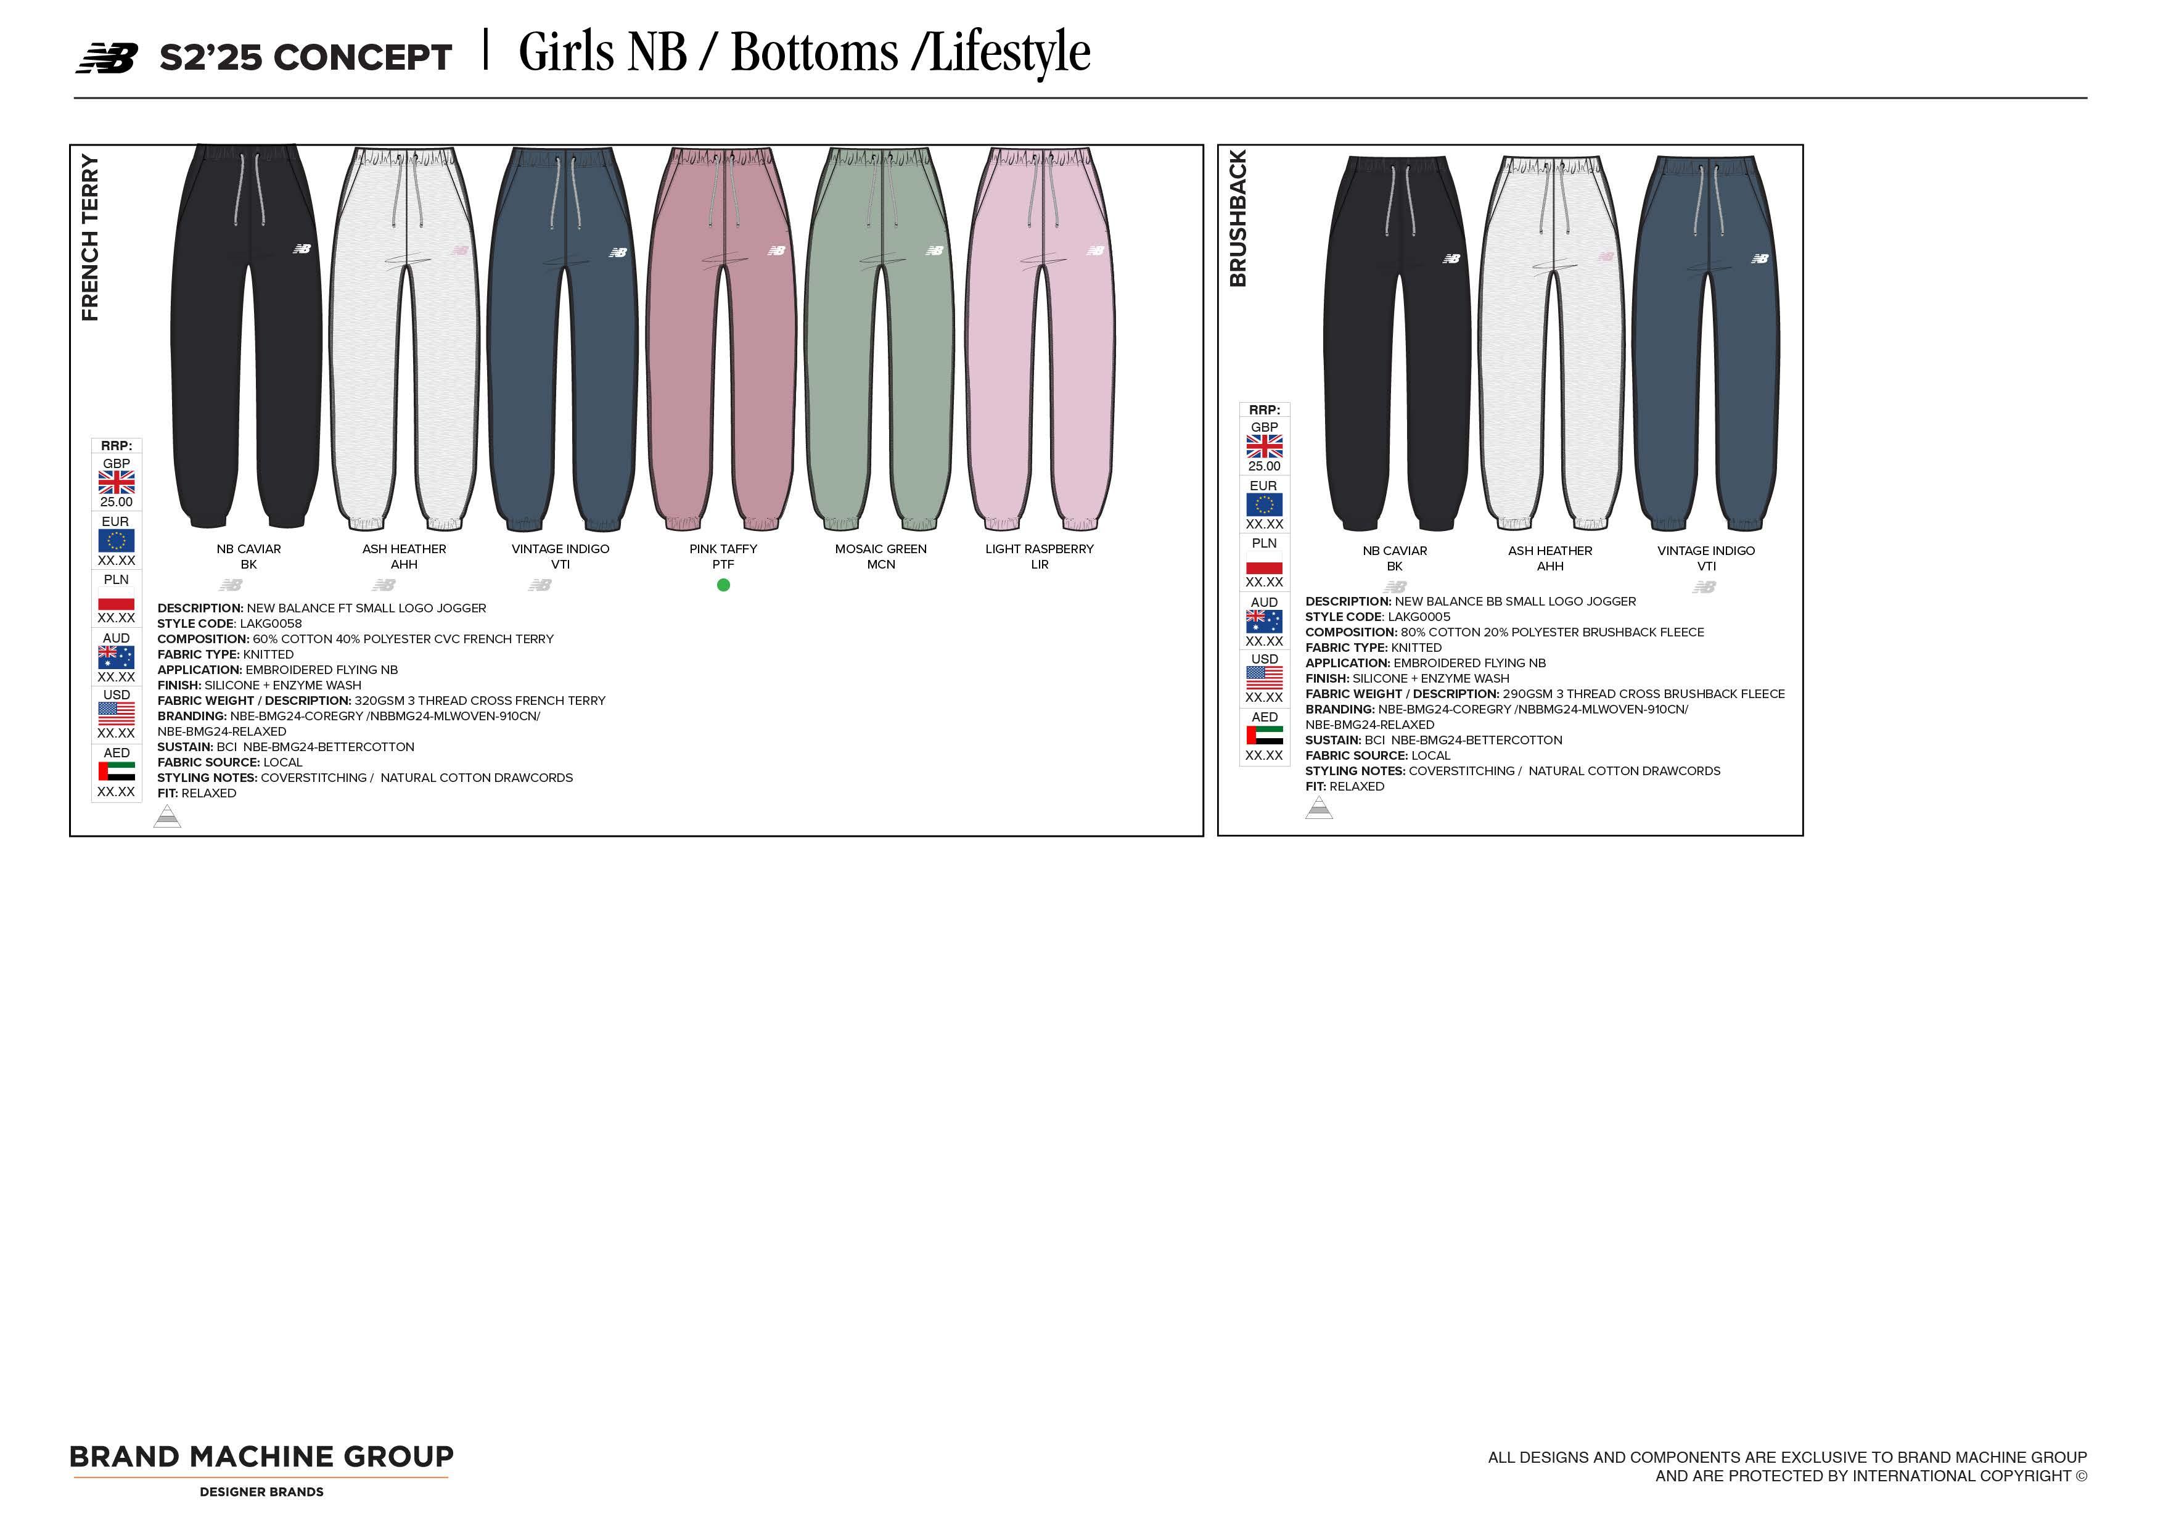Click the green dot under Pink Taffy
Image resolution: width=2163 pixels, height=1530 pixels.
tap(723, 585)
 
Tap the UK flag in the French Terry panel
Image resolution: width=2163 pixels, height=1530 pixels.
tap(117, 482)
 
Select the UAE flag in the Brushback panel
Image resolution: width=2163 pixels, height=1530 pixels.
tap(1264, 735)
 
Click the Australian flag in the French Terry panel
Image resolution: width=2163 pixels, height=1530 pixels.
tap(117, 657)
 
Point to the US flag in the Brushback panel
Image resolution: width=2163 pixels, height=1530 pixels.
tap(1264, 677)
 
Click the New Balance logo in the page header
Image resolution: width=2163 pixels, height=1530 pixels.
tap(107, 59)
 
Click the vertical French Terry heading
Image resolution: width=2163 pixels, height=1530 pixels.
tap(89, 237)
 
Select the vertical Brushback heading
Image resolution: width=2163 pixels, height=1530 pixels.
tap(1238, 218)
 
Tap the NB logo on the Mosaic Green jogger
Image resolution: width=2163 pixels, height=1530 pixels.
tap(935, 250)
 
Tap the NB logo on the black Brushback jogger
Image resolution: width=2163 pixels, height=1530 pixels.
tap(1451, 258)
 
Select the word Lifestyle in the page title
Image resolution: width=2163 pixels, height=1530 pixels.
tap(1010, 53)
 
